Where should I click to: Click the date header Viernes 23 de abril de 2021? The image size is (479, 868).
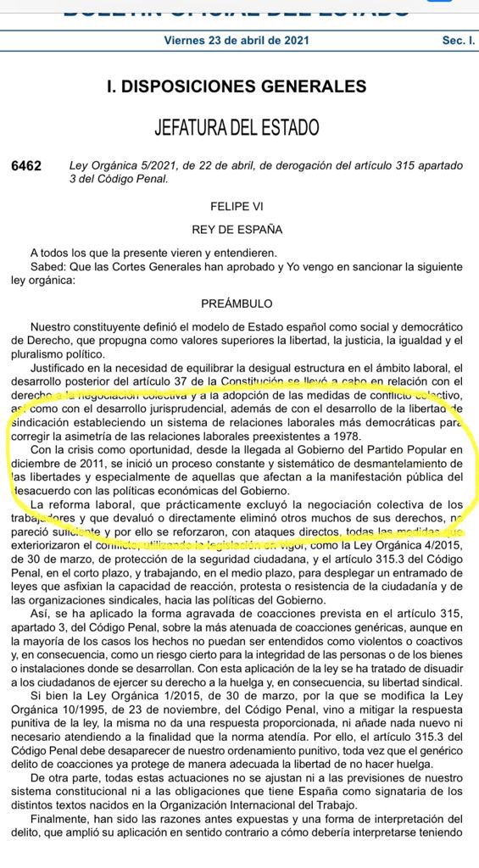coord(237,41)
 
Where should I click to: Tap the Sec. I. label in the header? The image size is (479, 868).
coord(450,41)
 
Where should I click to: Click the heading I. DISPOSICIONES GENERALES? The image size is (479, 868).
coord(237,86)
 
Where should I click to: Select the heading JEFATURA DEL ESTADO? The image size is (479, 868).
coord(237,128)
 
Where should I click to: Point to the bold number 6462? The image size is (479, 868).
coord(27,166)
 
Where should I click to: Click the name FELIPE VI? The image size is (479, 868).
coord(237,206)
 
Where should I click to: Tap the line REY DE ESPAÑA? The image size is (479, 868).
coord(237,229)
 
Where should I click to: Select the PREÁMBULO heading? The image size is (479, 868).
coord(237,303)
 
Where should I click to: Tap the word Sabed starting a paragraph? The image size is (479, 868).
coord(45,266)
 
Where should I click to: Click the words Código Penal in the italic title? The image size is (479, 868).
coord(135,179)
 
